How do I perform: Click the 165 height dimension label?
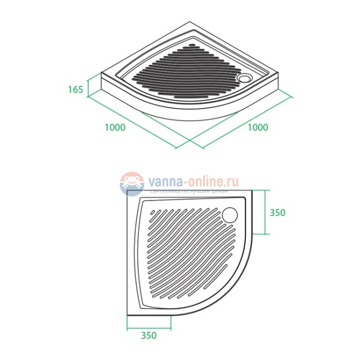[x=76, y=89]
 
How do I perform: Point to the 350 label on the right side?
[x=277, y=213]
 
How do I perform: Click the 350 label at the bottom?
[x=149, y=335]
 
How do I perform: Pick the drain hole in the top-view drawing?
[x=232, y=213]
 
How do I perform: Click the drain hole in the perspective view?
[x=243, y=78]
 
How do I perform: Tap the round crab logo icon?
[x=131, y=183]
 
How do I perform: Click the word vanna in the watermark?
[x=161, y=181]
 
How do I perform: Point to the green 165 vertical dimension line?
[x=88, y=89]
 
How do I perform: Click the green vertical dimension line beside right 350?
[x=266, y=212]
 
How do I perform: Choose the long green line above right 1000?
[x=244, y=120]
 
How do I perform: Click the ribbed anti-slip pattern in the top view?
[x=183, y=249]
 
